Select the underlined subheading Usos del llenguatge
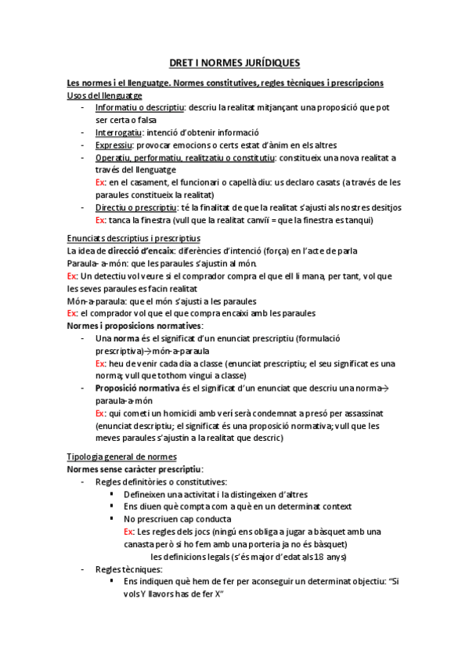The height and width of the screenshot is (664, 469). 104,95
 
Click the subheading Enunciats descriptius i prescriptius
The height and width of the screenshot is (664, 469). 134,237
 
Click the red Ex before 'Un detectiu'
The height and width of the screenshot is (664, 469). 72,276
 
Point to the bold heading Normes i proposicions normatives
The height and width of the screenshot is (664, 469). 135,325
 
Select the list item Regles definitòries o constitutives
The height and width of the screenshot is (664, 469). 161,482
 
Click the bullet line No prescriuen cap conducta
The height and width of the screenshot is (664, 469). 178,518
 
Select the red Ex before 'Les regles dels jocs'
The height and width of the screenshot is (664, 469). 129,531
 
